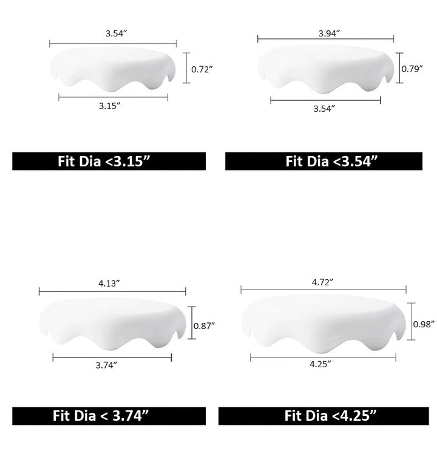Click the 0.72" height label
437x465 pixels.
click(202, 69)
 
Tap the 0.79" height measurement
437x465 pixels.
click(412, 69)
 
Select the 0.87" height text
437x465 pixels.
click(204, 326)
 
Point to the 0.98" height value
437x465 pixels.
click(424, 324)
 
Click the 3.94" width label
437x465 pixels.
click(329, 33)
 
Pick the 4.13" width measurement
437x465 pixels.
click(109, 283)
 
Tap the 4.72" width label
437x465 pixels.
click(322, 282)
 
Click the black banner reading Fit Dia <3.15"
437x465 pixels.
click(109, 161)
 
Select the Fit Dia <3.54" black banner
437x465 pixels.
click(324, 161)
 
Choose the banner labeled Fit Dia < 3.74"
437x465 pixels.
click(109, 416)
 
